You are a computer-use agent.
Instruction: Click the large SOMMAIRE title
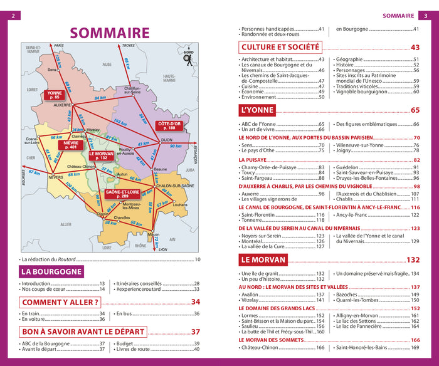point(109,33)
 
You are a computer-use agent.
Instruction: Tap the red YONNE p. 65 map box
point(53,95)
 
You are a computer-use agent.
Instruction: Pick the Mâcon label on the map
point(153,234)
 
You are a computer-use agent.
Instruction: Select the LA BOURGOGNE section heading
point(51,271)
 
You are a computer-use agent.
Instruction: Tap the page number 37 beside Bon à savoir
point(195,332)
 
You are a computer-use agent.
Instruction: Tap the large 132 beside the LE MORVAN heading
point(413,260)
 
